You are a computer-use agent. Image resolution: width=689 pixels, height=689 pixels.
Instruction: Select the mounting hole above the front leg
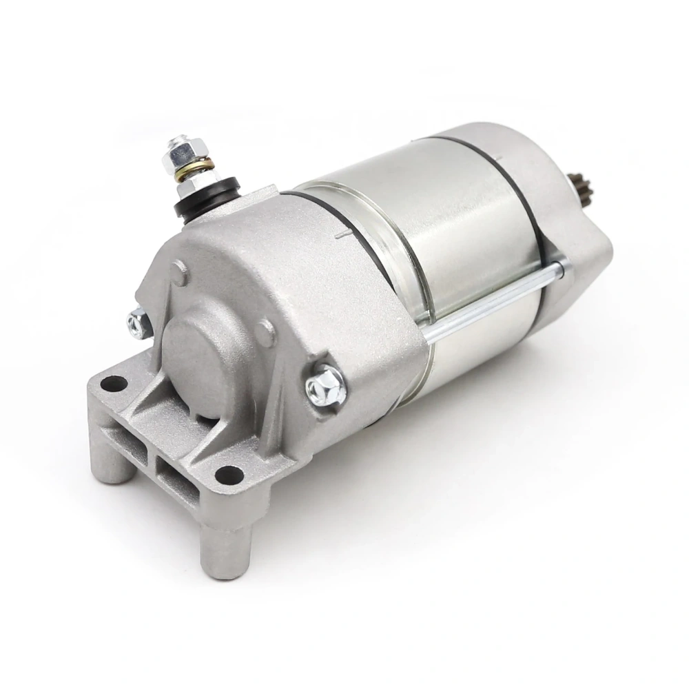tap(229, 475)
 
